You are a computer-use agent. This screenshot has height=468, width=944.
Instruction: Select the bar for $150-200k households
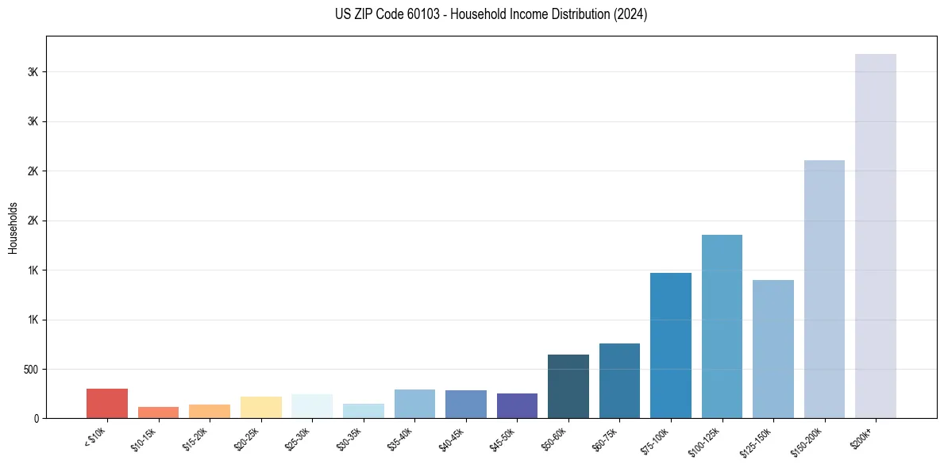[824, 289]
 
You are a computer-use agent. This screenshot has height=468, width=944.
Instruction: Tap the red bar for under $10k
[107, 403]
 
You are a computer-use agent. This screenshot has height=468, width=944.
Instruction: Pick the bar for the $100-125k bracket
[722, 326]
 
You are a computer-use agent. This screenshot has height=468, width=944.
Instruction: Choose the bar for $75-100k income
[671, 345]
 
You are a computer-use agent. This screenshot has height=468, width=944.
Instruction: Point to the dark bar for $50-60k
[568, 386]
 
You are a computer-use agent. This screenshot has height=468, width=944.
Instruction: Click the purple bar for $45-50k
[517, 405]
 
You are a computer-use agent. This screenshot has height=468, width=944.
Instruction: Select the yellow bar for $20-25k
[261, 407]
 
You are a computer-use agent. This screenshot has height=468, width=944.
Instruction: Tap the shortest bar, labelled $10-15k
[158, 412]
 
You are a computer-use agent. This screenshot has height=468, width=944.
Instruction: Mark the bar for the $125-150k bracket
[773, 349]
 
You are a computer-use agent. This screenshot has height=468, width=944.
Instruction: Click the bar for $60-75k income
[619, 381]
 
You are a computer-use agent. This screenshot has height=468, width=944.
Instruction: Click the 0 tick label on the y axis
[37, 419]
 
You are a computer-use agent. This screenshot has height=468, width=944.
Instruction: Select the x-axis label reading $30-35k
[350, 438]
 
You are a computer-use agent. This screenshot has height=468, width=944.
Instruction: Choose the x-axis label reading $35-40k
[401, 438]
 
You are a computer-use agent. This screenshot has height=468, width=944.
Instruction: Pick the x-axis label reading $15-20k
[196, 438]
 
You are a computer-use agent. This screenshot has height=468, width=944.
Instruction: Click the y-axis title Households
[13, 228]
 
